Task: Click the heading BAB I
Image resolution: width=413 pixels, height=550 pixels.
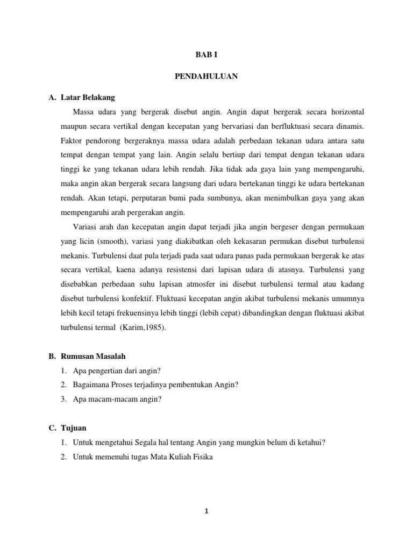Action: click(206, 55)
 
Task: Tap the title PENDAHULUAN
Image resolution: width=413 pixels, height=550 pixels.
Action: click(206, 76)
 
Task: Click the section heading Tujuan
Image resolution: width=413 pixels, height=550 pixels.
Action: click(75, 428)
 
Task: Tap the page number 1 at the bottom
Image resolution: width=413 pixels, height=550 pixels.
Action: click(206, 511)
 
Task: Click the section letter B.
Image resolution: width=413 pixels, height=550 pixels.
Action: click(52, 356)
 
